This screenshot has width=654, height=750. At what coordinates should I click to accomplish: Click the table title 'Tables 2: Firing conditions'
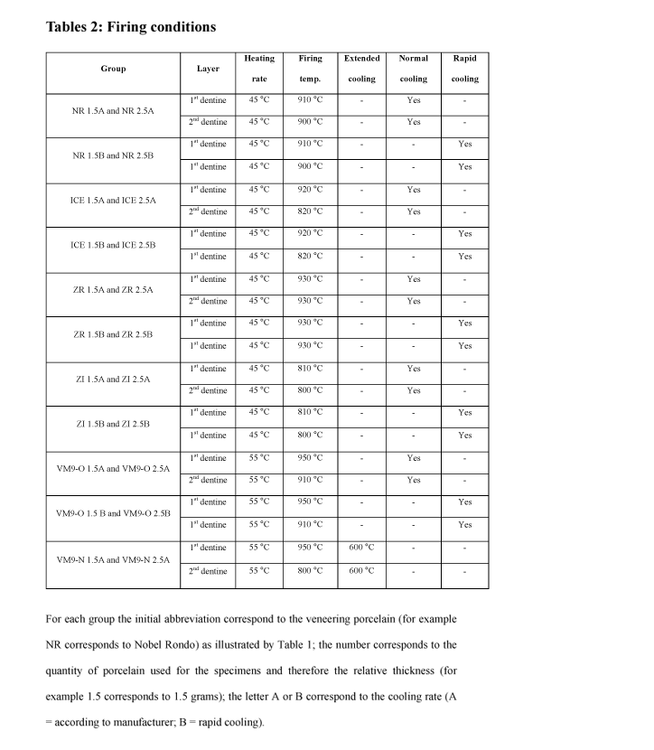(131, 26)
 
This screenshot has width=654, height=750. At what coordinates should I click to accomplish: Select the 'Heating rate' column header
(259, 69)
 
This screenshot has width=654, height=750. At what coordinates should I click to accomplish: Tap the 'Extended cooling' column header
(361, 69)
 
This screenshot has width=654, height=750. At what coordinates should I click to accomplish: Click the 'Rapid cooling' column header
(465, 69)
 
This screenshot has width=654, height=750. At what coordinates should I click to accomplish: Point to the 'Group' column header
(113, 69)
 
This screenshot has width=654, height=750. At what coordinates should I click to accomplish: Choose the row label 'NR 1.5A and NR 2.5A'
(113, 110)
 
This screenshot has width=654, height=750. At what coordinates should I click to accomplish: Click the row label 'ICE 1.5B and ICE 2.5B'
(113, 245)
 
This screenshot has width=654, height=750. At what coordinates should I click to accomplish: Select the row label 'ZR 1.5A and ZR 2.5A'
(113, 290)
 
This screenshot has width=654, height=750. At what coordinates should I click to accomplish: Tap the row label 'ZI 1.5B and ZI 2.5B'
(113, 424)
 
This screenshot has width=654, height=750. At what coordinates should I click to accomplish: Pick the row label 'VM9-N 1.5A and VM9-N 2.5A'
(113, 559)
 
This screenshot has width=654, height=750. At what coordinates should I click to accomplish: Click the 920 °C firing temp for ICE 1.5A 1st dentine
(310, 189)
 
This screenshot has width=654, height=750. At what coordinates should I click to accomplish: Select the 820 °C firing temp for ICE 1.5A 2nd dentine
(310, 211)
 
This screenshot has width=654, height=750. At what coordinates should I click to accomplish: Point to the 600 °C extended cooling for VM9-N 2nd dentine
(361, 570)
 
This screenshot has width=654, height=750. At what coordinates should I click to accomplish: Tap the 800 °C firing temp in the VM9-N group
(310, 570)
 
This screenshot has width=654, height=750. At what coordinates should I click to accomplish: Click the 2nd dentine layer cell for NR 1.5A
(208, 122)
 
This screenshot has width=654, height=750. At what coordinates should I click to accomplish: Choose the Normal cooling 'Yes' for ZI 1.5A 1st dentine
(414, 368)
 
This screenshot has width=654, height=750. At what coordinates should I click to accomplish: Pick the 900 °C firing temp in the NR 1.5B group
(310, 166)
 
